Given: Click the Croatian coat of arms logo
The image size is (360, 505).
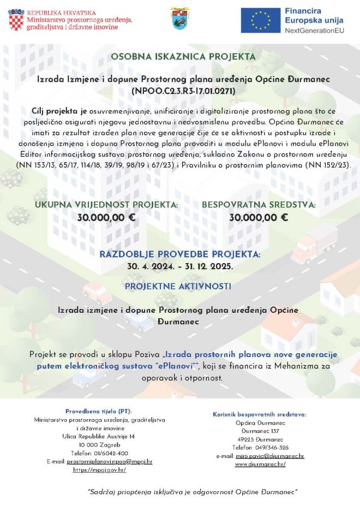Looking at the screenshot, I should tap(16, 20).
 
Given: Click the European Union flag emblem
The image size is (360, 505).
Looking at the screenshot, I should tap(260, 20).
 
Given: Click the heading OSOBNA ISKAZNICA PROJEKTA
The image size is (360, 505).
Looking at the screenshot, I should tap(183, 56).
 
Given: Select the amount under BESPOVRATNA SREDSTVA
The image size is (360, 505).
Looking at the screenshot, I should tap(259, 217).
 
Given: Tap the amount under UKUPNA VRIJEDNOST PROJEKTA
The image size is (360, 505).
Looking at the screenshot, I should tap(106, 217).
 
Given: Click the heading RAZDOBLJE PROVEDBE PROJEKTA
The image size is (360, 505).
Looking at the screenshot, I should tap(180, 254).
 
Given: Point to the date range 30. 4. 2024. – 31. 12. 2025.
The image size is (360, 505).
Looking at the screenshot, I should tap(180, 266).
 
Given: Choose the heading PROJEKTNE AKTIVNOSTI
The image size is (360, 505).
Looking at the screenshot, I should tap(178, 286).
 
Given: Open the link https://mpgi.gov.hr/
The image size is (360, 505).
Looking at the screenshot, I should tap(99, 470).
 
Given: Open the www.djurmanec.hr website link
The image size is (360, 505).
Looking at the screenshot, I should tap(260, 464).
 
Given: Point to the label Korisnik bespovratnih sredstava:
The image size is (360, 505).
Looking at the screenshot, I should tap(260, 414).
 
